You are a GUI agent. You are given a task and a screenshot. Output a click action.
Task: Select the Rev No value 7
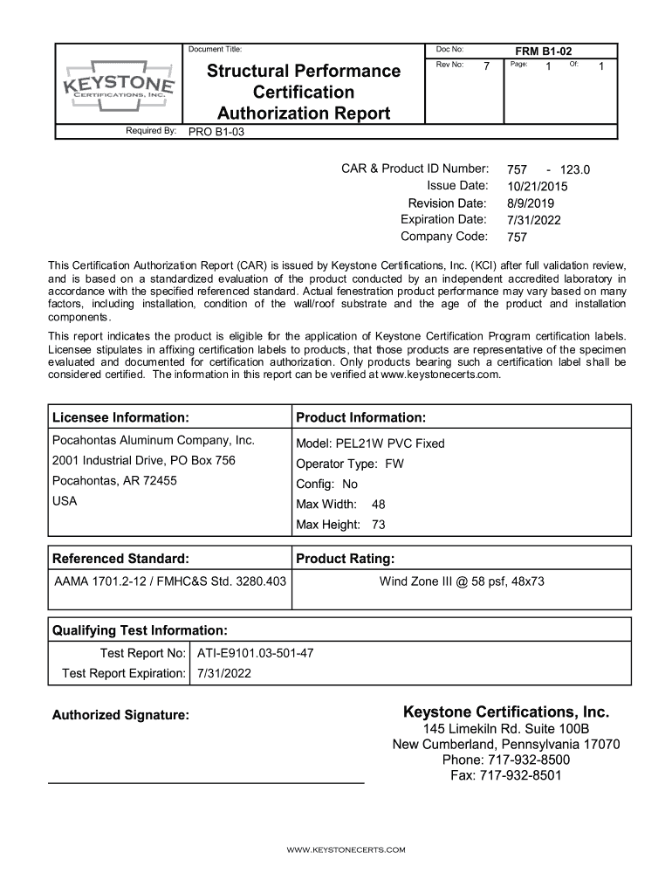pyautogui.click(x=487, y=67)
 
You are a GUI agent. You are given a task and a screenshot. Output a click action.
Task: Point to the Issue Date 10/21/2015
pyautogui.click(x=537, y=186)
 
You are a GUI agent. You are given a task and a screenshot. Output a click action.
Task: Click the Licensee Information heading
pyautogui.click(x=120, y=417)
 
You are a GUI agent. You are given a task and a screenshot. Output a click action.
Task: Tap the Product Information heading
pyautogui.click(x=360, y=417)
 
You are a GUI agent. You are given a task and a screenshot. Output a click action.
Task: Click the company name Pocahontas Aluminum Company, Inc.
pyautogui.click(x=154, y=440)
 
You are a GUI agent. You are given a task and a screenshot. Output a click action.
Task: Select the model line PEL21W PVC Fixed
pyautogui.click(x=370, y=444)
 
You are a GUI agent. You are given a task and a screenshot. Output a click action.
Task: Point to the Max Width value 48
pyautogui.click(x=378, y=504)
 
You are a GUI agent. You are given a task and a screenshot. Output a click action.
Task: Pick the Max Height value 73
pyautogui.click(x=378, y=525)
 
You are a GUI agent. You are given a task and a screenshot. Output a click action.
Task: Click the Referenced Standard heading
pyautogui.click(x=120, y=558)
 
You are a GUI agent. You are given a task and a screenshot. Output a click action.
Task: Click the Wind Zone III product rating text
pyautogui.click(x=461, y=581)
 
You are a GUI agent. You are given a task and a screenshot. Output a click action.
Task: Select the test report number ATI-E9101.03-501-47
pyautogui.click(x=256, y=652)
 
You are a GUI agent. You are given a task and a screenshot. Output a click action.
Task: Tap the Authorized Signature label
pyautogui.click(x=120, y=715)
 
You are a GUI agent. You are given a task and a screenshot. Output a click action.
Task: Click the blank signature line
pyautogui.click(x=205, y=782)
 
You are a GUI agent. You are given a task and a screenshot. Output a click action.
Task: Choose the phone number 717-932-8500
pyautogui.click(x=505, y=760)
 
